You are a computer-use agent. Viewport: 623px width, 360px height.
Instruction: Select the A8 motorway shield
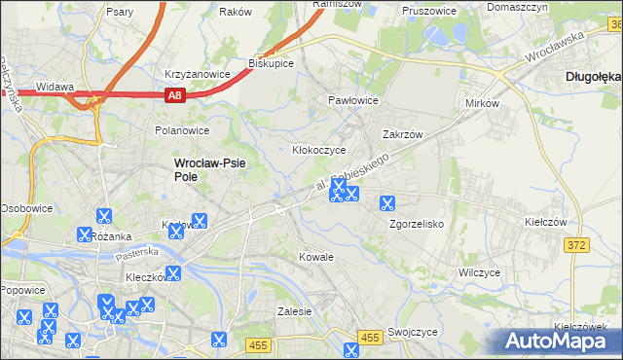(x=173, y=94)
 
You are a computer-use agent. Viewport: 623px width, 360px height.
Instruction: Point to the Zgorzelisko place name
(x=417, y=223)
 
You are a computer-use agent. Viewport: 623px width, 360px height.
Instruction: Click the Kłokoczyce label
(x=319, y=151)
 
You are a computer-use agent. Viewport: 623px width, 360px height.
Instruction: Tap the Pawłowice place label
(x=352, y=100)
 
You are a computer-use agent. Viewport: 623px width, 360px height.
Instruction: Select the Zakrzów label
(x=404, y=135)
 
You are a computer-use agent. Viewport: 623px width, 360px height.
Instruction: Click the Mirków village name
(x=482, y=102)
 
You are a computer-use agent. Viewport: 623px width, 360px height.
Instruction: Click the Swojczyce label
(x=412, y=331)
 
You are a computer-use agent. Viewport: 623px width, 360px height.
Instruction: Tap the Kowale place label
(x=315, y=257)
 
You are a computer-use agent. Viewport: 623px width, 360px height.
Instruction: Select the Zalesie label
(x=293, y=311)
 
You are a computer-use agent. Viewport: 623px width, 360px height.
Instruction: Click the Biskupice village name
(x=271, y=63)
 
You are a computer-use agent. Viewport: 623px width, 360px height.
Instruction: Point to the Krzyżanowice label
(x=197, y=73)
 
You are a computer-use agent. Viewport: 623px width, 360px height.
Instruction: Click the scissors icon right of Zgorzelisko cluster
(x=386, y=203)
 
